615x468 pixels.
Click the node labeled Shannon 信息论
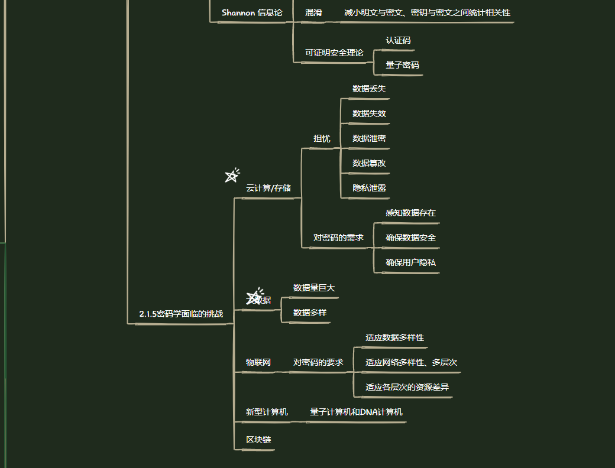pos(252,12)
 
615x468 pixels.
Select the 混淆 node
pos(313,12)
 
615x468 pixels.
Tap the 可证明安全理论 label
pos(334,53)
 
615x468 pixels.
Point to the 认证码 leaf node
pos(398,41)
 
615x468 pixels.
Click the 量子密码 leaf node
pos(402,65)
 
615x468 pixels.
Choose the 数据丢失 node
pos(369,89)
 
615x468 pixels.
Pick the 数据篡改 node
pos(369,163)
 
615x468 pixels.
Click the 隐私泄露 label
pos(369,188)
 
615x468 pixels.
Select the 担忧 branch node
pos(322,138)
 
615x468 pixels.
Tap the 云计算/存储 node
pos(268,188)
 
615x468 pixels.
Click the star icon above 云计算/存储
pos(232,175)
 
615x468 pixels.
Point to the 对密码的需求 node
pos(338,238)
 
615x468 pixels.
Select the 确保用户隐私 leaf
pos(410,262)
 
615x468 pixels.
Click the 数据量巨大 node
pos(314,288)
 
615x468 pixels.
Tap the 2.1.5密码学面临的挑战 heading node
pos(181,314)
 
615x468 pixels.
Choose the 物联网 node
pos(258,362)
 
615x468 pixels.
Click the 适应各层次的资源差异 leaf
pos(407,387)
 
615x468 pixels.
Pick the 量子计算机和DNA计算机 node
pos(356,412)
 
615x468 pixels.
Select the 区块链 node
pos(258,440)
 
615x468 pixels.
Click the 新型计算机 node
pos(267,412)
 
